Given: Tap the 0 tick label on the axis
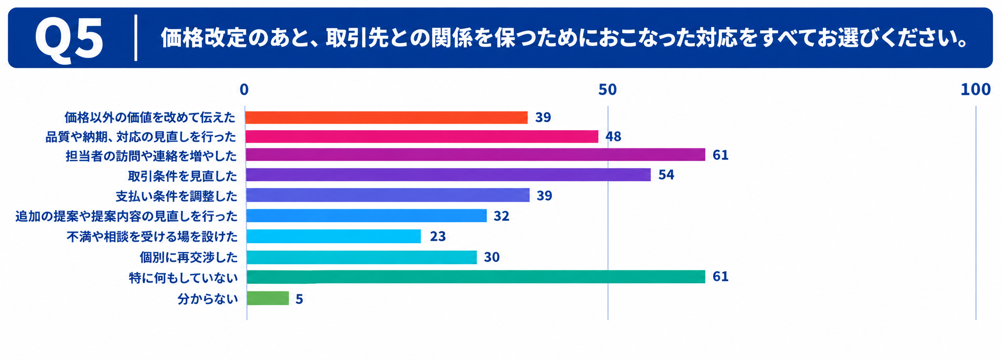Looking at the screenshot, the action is coord(244,90).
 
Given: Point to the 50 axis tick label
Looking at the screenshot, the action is coord(607,90).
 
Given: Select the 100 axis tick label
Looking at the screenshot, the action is coord(976,90).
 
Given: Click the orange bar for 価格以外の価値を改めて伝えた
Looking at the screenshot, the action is coord(387,117).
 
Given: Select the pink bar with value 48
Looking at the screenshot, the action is coord(422,136).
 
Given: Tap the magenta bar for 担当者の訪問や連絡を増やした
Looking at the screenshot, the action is coord(475,155).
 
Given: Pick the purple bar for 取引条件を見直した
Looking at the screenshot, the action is coord(448,175).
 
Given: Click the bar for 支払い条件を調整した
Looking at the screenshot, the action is coord(388,195).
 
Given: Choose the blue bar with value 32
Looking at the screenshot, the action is coord(366,215).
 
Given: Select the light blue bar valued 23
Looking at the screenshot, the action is coord(333,236).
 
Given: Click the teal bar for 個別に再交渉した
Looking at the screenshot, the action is coord(361,257).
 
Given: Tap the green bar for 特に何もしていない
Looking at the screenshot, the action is coord(475,277).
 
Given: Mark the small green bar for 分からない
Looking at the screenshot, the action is coord(268,298).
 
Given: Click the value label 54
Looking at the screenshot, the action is coord(666,175).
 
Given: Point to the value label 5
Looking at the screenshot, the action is coord(299,299).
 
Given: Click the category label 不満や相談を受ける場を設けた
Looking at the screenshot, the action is coord(152,236).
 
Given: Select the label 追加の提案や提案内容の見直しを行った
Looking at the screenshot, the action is coord(126,216).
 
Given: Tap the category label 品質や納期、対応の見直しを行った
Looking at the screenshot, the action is coord(141,137).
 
